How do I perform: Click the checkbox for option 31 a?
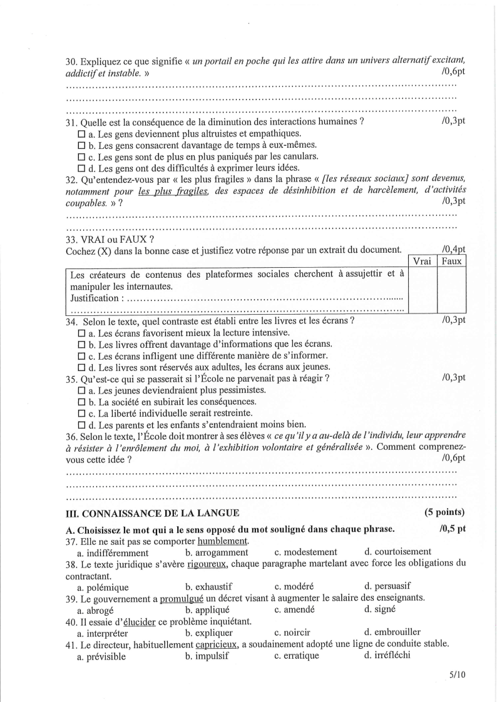tap(81, 134)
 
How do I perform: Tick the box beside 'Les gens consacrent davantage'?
tap(81, 145)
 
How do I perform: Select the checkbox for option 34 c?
tap(81, 355)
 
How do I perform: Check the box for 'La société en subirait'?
tap(81, 402)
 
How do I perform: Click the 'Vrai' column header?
tap(422, 261)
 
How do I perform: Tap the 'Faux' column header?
tap(451, 261)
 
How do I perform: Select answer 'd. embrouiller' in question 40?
tap(392, 633)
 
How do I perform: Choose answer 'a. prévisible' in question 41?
tap(101, 656)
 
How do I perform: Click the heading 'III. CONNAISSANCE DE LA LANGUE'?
tap(153, 513)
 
